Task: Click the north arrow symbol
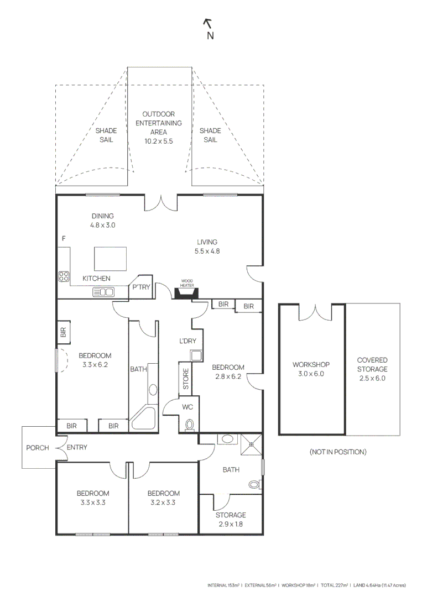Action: [x=209, y=23]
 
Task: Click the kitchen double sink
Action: [x=103, y=292]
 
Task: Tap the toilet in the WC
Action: [x=190, y=425]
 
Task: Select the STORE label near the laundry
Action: [x=186, y=379]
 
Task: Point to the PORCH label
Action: [x=38, y=448]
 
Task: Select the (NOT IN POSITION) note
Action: [x=337, y=452]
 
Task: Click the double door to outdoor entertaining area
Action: [x=161, y=203]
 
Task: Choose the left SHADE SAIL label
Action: [x=106, y=135]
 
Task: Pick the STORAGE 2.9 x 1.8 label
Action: [x=231, y=520]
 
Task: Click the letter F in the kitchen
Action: [x=64, y=238]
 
